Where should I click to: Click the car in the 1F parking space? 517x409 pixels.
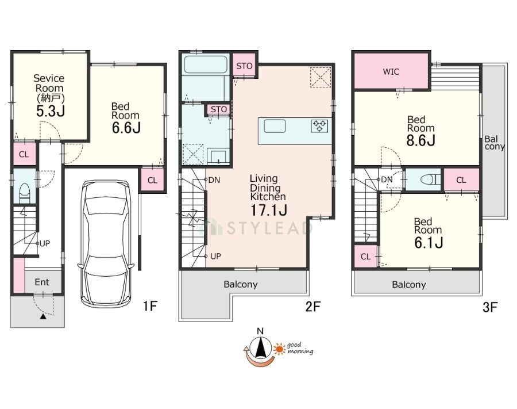[106, 243]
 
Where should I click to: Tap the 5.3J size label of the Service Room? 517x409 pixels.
[51, 111]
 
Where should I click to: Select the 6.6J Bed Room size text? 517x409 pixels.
[126, 128]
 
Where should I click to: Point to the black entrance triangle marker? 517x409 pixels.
[43, 317]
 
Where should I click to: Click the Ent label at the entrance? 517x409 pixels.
[42, 282]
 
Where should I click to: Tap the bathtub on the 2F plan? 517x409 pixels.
[206, 64]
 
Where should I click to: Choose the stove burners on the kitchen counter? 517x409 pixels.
[319, 126]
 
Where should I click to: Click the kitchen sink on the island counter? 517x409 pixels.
[275, 126]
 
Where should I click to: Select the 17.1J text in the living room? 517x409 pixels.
[269, 210]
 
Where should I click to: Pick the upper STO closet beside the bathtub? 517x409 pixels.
[244, 66]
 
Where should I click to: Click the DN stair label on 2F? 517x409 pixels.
[214, 180]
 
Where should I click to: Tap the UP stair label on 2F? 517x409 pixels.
[215, 256]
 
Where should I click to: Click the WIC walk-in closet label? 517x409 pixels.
[391, 72]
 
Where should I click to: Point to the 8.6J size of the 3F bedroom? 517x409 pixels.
[420, 140]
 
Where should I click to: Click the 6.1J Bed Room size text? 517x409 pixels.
[429, 243]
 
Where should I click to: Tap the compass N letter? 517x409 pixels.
[260, 331]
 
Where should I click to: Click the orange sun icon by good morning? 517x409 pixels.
[280, 349]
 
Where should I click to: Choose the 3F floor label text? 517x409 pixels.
[489, 308]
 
